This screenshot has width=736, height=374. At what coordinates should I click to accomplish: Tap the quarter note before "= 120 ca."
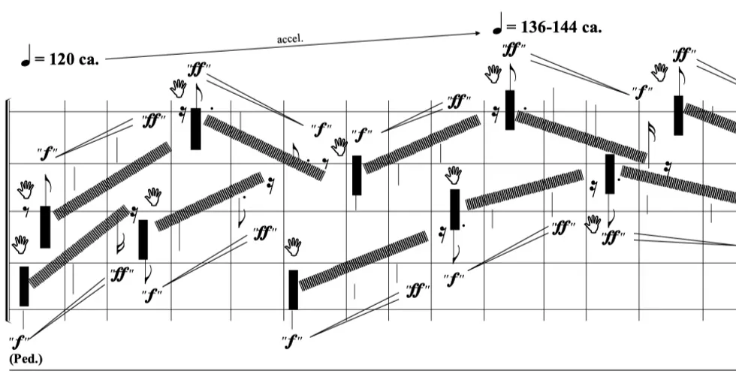click(26, 57)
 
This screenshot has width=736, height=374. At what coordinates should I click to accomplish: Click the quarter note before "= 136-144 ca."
click(496, 24)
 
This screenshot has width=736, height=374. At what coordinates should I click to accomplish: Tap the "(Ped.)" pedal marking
click(26, 358)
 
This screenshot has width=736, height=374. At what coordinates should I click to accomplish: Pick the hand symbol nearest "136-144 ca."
click(493, 74)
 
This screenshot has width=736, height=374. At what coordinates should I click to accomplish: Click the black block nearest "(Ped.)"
click(24, 286)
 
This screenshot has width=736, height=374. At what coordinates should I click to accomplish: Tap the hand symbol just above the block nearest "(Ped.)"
click(21, 243)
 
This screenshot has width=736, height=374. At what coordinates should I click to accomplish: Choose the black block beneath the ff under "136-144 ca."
click(510, 110)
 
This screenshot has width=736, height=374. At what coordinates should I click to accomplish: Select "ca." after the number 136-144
click(590, 28)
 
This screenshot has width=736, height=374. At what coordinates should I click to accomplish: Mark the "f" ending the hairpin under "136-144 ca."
click(641, 92)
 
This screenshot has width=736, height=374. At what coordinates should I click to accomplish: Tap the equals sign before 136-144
click(511, 28)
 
